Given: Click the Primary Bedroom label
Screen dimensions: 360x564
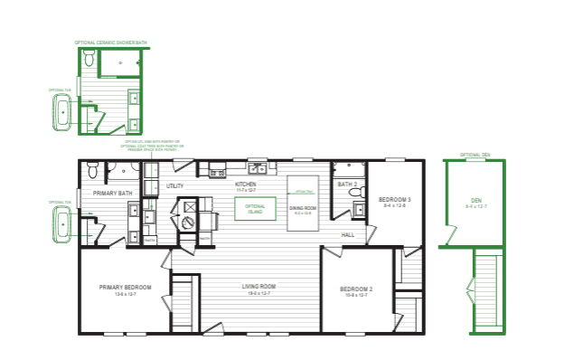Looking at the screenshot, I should [126, 288].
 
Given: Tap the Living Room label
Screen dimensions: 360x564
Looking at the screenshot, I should [258, 288].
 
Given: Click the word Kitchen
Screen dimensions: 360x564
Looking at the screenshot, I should [246, 184].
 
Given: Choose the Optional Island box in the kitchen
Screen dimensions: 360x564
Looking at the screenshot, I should [255, 208].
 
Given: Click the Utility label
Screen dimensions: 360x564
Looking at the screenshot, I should [175, 185].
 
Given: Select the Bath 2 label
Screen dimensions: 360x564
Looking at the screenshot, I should [348, 185].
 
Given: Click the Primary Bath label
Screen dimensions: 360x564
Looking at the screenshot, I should [113, 193].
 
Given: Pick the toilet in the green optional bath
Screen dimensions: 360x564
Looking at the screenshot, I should [89, 59].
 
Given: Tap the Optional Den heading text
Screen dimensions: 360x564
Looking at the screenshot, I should [475, 155].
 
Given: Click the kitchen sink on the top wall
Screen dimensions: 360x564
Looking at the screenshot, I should [258, 168].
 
